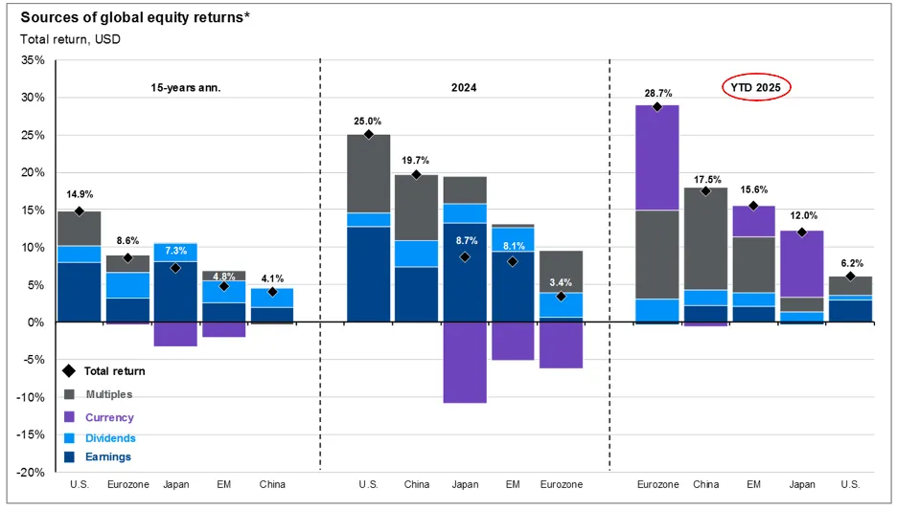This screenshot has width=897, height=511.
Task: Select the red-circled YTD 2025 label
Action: tap(757, 87)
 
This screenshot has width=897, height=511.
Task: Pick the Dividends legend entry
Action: tap(111, 438)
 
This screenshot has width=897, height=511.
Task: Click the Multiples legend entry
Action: tap(109, 394)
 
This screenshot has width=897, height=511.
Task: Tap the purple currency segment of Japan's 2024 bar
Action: tap(464, 363)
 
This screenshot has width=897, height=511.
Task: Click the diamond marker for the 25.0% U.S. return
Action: tap(368, 135)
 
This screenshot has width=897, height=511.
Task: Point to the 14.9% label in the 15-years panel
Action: tap(79, 194)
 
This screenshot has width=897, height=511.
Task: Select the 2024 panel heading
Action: tap(464, 87)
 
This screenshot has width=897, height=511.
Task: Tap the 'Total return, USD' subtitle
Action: tap(70, 38)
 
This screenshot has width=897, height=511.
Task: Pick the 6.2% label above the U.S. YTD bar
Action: tap(850, 262)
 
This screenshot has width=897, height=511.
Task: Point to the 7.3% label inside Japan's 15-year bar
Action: tap(175, 251)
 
